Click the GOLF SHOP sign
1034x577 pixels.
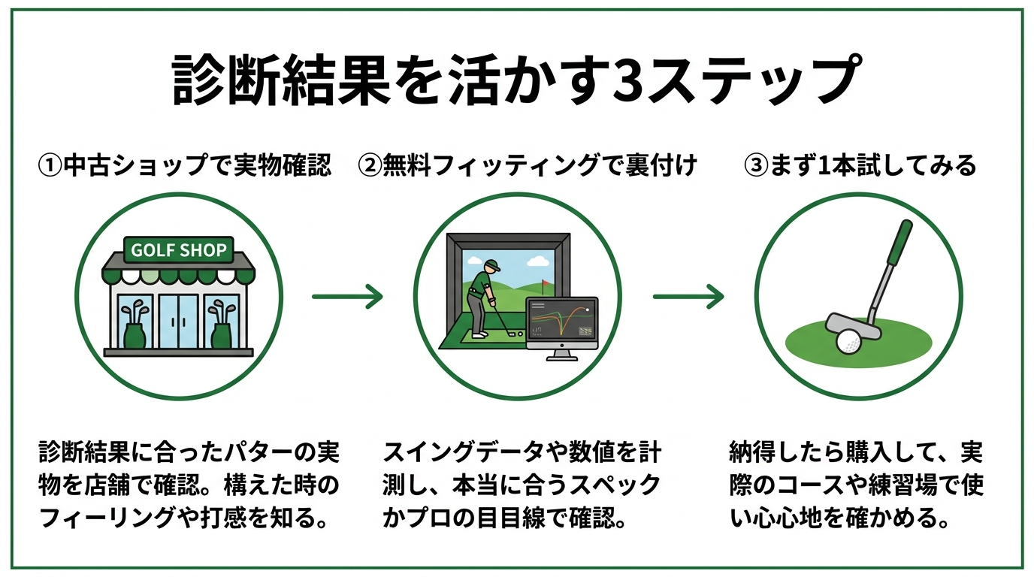pyautogui.click(x=179, y=250)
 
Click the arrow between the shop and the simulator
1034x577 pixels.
pyautogui.click(x=347, y=296)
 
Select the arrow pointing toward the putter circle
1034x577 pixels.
pyautogui.click(x=688, y=297)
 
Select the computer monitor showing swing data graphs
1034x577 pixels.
pyautogui.click(x=561, y=324)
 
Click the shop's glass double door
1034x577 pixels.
pyautogui.click(x=178, y=321)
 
